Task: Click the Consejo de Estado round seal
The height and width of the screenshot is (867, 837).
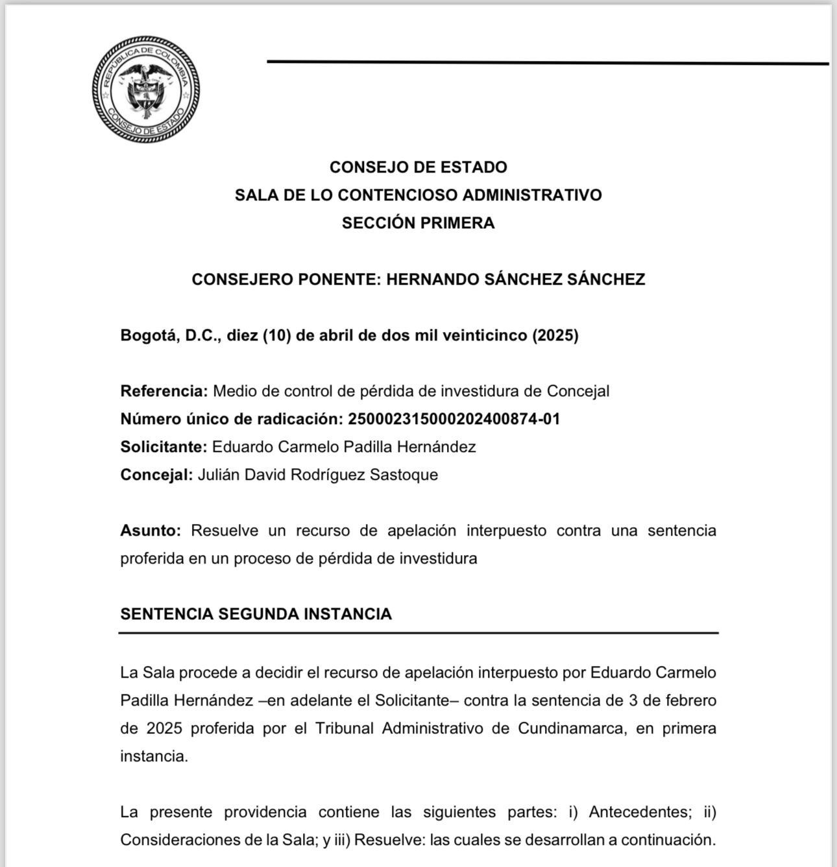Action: click(145, 88)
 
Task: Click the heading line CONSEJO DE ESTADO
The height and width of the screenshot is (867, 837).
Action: click(418, 167)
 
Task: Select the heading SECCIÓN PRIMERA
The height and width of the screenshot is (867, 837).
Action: click(418, 223)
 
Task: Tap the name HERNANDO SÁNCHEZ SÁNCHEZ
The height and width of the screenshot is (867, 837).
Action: click(515, 279)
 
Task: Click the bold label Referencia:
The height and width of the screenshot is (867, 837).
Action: click(164, 391)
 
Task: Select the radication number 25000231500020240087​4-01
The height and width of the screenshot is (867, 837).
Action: click(454, 419)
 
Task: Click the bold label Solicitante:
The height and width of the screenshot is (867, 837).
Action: click(164, 447)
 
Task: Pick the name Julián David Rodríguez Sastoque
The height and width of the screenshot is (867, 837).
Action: click(318, 475)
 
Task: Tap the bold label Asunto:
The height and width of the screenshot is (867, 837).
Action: click(151, 530)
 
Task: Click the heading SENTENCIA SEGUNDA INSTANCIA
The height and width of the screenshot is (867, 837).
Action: click(256, 614)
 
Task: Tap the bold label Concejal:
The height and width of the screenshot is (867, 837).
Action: click(156, 475)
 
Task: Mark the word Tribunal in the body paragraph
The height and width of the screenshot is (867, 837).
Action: click(345, 728)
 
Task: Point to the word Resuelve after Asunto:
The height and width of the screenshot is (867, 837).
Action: click(225, 530)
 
